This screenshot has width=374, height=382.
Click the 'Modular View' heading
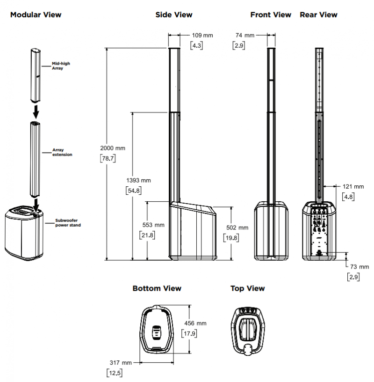[36, 15]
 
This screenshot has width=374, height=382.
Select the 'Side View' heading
[174, 15]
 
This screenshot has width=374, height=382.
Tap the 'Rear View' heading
[318, 15]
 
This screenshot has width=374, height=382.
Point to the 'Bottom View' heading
[157, 288]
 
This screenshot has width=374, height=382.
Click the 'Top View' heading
[247, 288]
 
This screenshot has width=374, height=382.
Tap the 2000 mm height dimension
[113, 148]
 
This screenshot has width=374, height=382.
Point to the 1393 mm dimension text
[139, 180]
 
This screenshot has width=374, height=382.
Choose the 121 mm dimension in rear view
[353, 187]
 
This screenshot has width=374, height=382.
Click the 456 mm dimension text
[194, 323]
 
